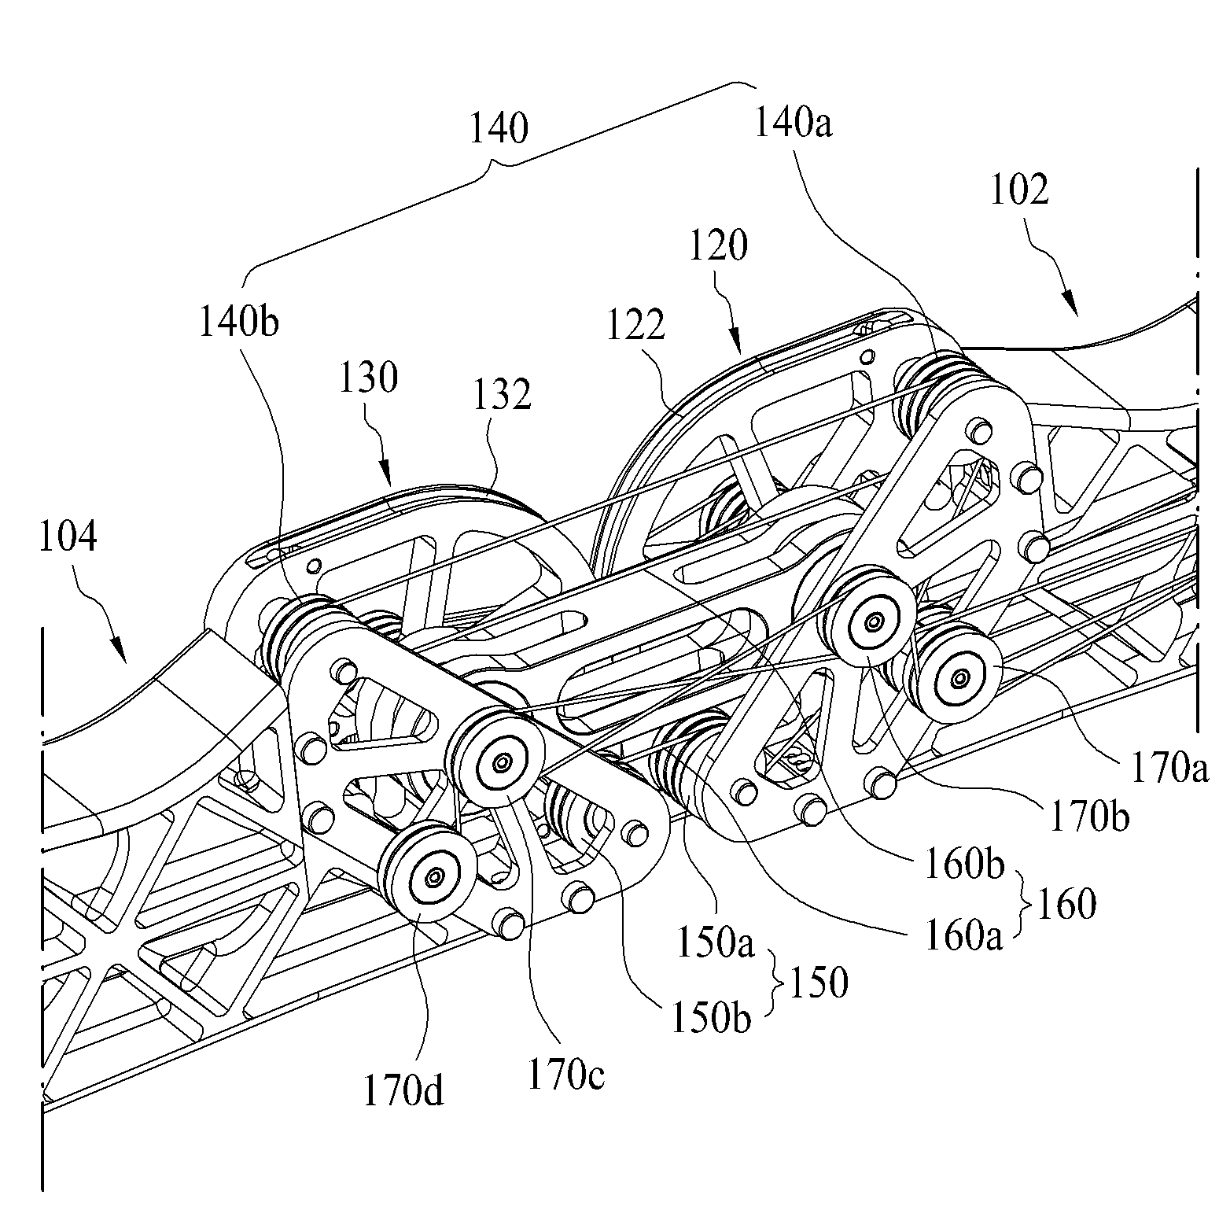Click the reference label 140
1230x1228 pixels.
coord(499,128)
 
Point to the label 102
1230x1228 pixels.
coord(1018,190)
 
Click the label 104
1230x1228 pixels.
coord(66,537)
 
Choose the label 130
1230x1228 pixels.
coord(369,378)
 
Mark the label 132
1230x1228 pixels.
coord(501,394)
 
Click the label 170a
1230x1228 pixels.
coord(1169,769)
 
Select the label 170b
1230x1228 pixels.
coord(1089,818)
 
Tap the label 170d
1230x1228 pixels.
coord(403,1093)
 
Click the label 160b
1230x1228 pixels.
coord(964,865)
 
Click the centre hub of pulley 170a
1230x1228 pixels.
coord(959,677)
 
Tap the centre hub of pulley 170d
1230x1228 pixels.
coord(433,876)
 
